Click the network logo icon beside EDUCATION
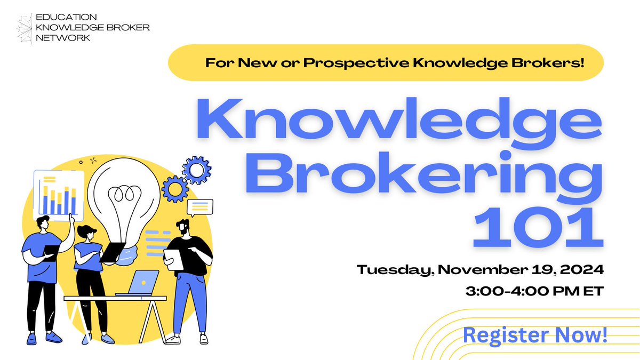(x=23, y=29)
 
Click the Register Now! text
(x=535, y=335)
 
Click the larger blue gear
(x=197, y=170)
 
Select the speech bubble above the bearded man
(x=199, y=206)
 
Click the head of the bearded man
(x=182, y=226)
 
